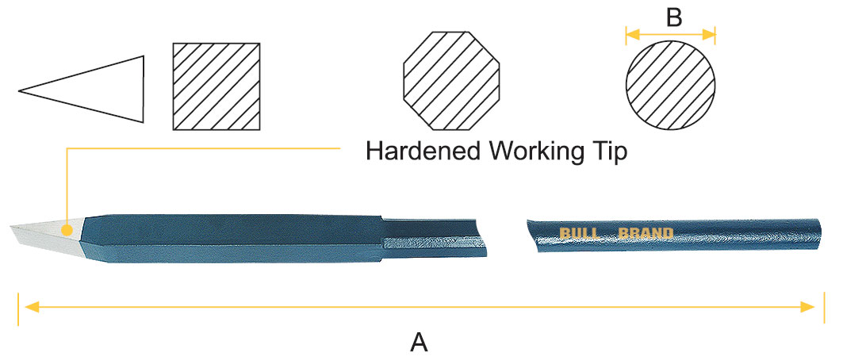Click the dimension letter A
point(419,343)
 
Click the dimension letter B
point(673,17)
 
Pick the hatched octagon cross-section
point(453,82)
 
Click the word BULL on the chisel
point(581,233)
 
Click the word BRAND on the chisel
point(646,233)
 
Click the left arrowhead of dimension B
point(630,33)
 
